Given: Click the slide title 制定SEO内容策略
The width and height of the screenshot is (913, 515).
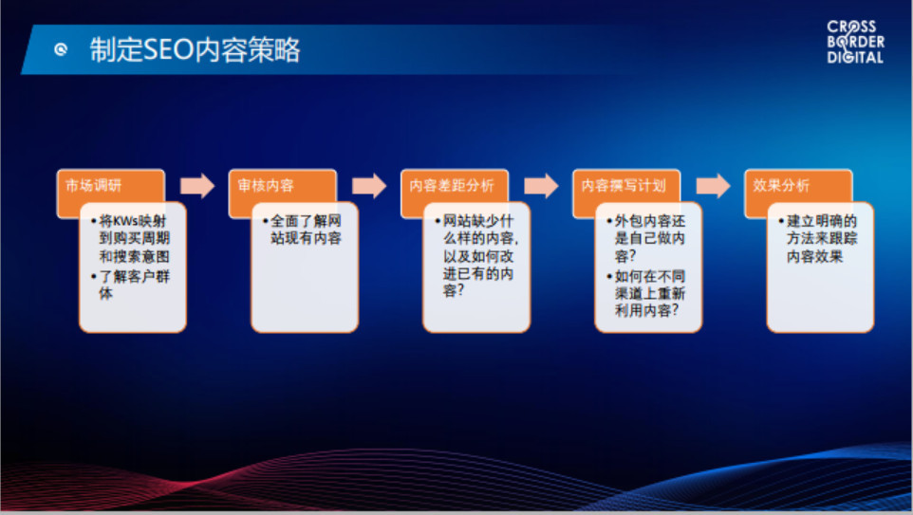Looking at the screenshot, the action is coord(195,49).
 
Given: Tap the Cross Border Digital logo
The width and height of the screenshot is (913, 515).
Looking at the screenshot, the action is coord(855,42).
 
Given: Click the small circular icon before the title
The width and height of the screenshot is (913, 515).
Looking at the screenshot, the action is coord(61,49).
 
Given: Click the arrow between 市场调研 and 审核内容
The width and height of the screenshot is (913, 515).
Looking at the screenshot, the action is coord(197,186).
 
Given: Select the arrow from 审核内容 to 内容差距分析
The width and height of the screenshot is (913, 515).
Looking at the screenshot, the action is coord(369,186).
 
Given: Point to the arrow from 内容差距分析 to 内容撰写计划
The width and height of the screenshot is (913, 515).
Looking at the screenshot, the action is coord(541,186).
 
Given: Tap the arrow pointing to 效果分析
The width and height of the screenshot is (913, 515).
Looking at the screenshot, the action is coord(714,186).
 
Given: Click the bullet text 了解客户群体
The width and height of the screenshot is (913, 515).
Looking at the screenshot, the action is coord(131,285).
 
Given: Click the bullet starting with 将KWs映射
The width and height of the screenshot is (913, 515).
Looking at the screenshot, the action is coord(131,239).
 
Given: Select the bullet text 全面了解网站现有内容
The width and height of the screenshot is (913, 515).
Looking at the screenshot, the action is coord(303,230).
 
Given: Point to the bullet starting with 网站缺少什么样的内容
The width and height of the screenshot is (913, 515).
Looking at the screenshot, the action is coord(476,255).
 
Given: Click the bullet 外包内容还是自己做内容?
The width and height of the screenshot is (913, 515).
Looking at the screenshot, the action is coord(647,239).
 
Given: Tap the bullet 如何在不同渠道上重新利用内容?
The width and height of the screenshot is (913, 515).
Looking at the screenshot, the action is coord(647,293).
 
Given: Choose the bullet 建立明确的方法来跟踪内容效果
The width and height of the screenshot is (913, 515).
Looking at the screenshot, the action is coord(819,239).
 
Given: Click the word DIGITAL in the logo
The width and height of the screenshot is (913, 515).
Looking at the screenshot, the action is coord(855,57).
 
